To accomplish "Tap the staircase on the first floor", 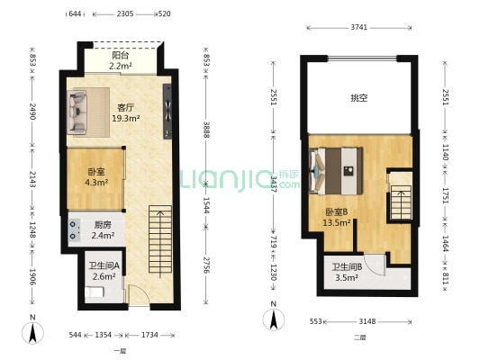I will tap(159, 243).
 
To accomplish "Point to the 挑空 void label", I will tap(358, 98).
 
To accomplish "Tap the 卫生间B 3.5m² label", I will tap(347, 273).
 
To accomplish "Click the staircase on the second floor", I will tap(399, 199).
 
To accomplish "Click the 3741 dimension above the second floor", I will tap(358, 29).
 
